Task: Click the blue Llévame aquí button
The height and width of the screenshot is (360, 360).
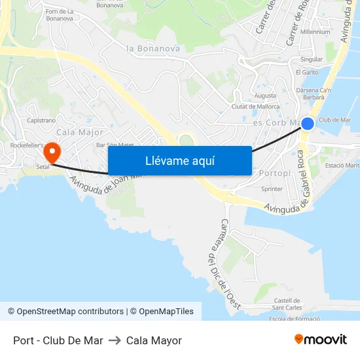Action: point(179,160)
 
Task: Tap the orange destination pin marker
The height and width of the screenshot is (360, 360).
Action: point(51,153)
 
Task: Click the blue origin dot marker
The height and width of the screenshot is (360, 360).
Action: point(307,123)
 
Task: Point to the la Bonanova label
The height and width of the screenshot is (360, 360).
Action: point(153,48)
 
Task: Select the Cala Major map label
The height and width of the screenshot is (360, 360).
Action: point(81,133)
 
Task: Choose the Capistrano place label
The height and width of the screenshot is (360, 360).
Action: point(42,120)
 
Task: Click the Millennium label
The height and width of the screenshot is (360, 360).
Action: point(315,31)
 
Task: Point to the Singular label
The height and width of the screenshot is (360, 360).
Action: point(311,59)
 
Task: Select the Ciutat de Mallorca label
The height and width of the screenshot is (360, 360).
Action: point(255,107)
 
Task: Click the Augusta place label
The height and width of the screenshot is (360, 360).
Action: point(265,96)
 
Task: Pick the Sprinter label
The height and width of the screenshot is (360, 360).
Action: point(272,189)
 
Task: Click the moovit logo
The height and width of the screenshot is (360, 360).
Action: point(321,340)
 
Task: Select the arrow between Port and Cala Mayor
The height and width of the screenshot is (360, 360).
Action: point(115,340)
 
